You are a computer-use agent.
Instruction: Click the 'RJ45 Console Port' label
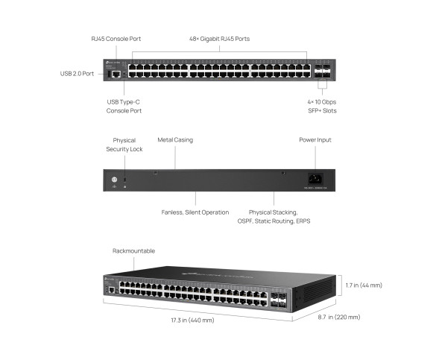click(116, 38)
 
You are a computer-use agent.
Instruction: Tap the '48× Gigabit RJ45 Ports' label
click(220, 38)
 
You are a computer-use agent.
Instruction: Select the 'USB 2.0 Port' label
click(78, 74)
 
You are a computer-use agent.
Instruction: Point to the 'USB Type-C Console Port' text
click(124, 105)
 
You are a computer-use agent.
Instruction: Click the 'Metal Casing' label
click(175, 139)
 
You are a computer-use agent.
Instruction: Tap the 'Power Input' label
click(315, 139)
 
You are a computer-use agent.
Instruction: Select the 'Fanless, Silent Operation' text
click(195, 212)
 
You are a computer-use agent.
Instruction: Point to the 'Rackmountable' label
click(134, 251)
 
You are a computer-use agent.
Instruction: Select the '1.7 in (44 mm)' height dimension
click(364, 285)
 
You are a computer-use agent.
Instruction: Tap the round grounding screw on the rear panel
click(114, 179)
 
